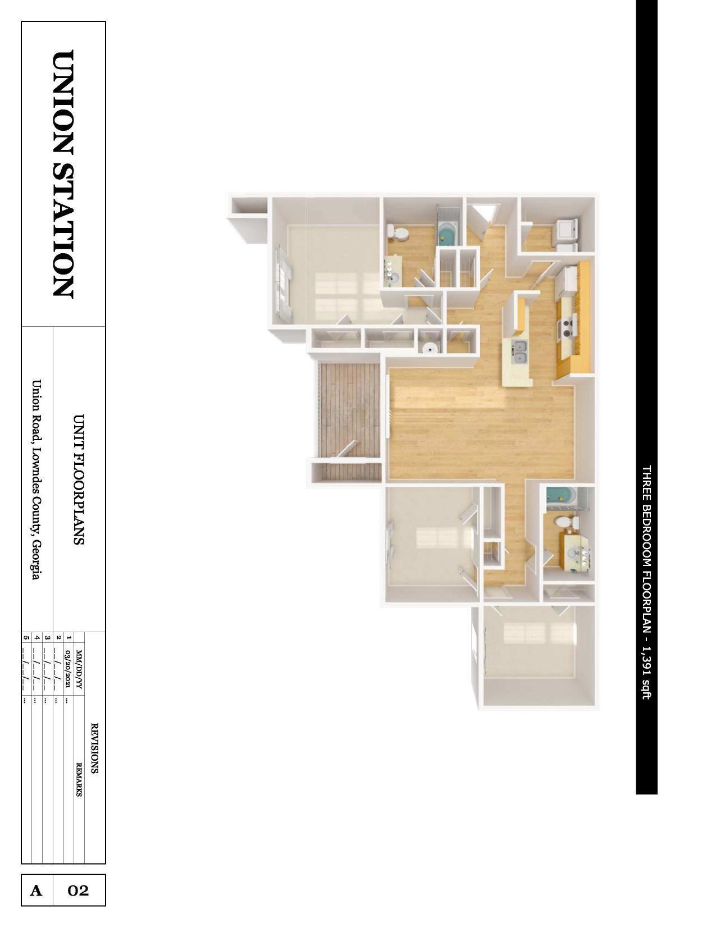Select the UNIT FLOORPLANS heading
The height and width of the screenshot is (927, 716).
pyautogui.click(x=79, y=480)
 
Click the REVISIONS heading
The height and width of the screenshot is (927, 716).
pyautogui.click(x=94, y=747)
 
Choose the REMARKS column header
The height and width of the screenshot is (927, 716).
pyautogui.click(x=79, y=779)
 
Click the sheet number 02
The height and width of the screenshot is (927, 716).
pyautogui.click(x=79, y=891)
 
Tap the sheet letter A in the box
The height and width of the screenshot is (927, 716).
pyautogui.click(x=37, y=891)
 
